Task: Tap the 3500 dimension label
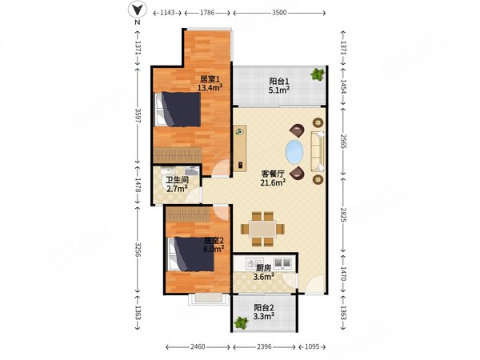[x=279, y=13]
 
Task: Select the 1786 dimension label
[x=207, y=13]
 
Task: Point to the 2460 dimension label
[x=198, y=347]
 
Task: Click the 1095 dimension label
[x=312, y=347]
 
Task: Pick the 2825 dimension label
[x=343, y=215]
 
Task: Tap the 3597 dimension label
[x=138, y=115]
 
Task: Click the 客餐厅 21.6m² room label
[x=273, y=178]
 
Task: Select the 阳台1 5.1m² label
[x=279, y=86]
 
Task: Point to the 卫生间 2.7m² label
[x=177, y=185]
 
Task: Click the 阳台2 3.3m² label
[x=263, y=312]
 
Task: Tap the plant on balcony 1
[x=317, y=74]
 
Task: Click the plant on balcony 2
[x=241, y=322]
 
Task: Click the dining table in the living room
[x=262, y=229]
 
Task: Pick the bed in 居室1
[x=178, y=110]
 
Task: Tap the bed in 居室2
[x=190, y=254]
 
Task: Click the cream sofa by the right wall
[x=318, y=151]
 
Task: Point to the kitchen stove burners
[x=282, y=263]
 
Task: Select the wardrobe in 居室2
[x=188, y=214]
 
